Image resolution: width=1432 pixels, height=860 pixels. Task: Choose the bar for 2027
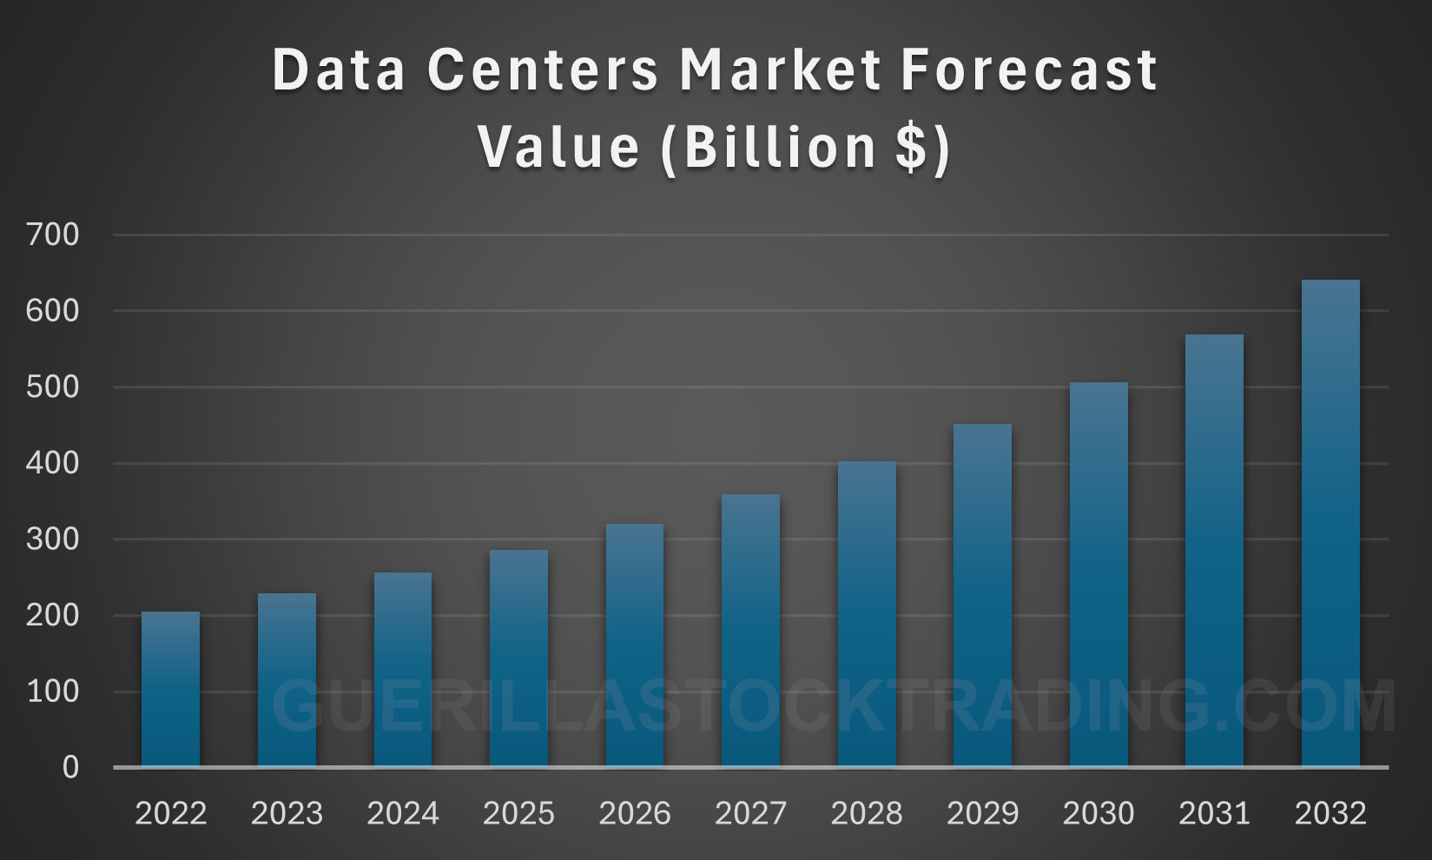click(x=750, y=630)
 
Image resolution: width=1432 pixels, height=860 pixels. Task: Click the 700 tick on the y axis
click(x=52, y=235)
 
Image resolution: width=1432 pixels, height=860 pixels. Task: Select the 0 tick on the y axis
click(x=69, y=767)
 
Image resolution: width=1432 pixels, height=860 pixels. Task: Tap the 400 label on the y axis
click(x=52, y=463)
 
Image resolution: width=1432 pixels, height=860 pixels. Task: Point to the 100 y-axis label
click(x=52, y=691)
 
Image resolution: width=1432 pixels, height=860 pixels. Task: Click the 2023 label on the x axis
click(x=287, y=814)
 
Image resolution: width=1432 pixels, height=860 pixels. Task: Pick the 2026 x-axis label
click(x=635, y=814)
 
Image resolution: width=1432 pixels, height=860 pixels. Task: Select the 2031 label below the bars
click(x=1214, y=814)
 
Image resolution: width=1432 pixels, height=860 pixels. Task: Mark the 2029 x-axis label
click(x=982, y=814)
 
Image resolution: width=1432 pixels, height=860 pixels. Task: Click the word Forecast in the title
click(x=1029, y=69)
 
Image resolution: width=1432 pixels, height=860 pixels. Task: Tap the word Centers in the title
click(x=543, y=69)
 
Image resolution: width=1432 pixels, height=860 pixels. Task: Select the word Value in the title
click(x=558, y=146)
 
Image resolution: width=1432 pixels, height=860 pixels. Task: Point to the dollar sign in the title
click(x=911, y=146)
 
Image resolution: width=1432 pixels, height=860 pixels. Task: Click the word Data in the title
click(x=339, y=69)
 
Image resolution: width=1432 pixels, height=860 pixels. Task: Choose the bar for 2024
click(x=403, y=669)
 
